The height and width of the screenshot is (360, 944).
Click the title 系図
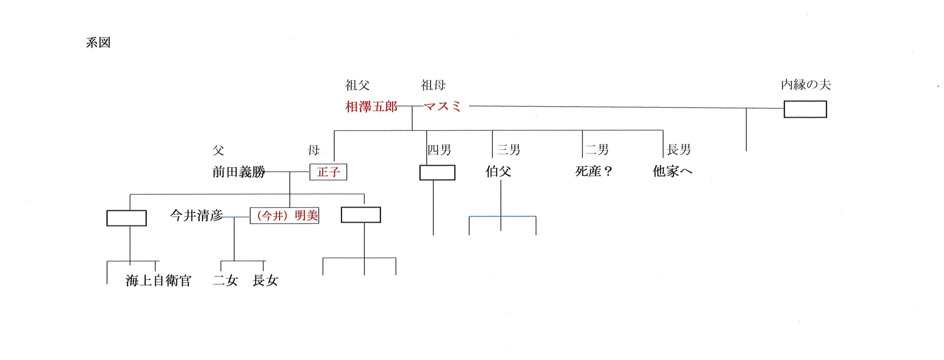pos(98,43)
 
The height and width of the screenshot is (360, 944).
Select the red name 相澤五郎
pos(371,107)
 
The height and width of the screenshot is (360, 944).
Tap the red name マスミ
pos(442,107)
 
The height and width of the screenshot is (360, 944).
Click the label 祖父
pos(357,85)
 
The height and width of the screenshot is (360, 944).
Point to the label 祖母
pos(433,85)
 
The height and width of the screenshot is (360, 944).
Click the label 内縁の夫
pos(806,85)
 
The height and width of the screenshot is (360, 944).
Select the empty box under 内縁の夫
pos(805,109)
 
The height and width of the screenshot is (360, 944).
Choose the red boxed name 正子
pos(328,172)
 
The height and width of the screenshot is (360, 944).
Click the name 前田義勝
pos(239,172)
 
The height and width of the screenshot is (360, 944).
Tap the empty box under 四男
pos(437,173)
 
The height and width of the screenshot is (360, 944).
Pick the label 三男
pos(508,150)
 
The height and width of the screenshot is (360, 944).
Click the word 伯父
pos(498,171)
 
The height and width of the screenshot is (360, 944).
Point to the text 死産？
pos(594,171)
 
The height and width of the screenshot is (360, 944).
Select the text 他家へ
pos(672,171)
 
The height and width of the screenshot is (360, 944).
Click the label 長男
pos(679,150)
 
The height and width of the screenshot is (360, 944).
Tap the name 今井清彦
pos(196,216)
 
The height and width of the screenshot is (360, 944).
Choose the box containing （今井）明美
pos(284,216)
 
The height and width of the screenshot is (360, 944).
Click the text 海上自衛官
pos(159,281)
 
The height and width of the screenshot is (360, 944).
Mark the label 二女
pos(225,281)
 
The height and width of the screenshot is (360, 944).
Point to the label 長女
pos(265,281)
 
